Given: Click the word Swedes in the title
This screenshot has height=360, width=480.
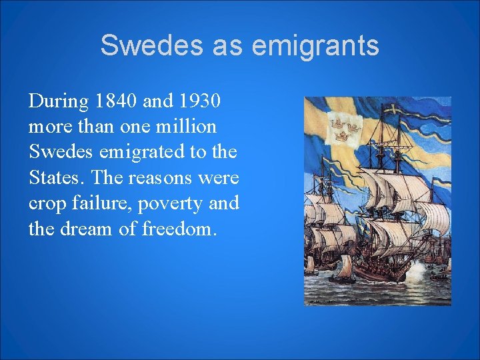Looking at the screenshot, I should tap(139, 45).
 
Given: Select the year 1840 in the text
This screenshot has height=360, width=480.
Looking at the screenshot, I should tap(118, 102).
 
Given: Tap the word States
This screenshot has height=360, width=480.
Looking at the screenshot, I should tap(57, 177).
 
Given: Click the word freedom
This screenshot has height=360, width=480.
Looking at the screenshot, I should tap(179, 228).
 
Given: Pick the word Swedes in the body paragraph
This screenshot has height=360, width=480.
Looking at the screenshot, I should tap(61, 152).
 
